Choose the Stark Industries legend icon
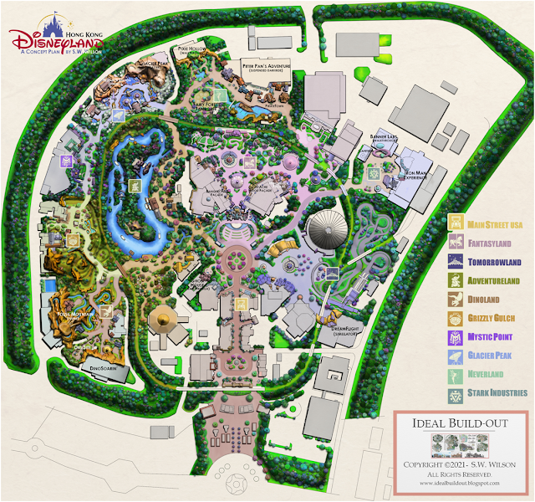tap(456, 392)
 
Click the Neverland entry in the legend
tap(493, 374)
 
